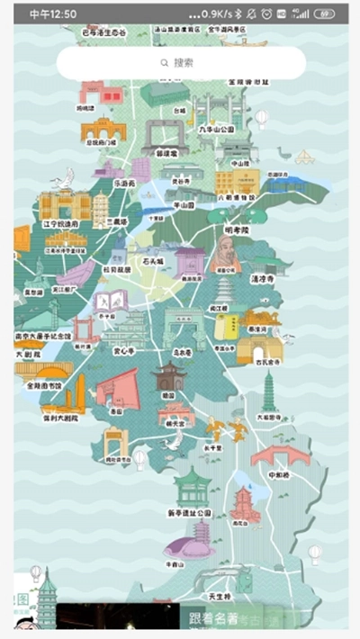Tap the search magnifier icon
[x=164, y=63]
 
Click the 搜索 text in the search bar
[x=184, y=63]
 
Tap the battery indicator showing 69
[x=325, y=14]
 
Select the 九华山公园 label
[x=216, y=130]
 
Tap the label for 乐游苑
[x=123, y=183]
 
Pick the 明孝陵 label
[x=236, y=229]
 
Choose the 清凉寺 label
[x=262, y=279]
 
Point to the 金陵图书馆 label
[x=44, y=385]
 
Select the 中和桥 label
[x=278, y=474]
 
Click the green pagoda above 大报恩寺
[x=269, y=391]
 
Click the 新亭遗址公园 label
[x=190, y=512]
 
